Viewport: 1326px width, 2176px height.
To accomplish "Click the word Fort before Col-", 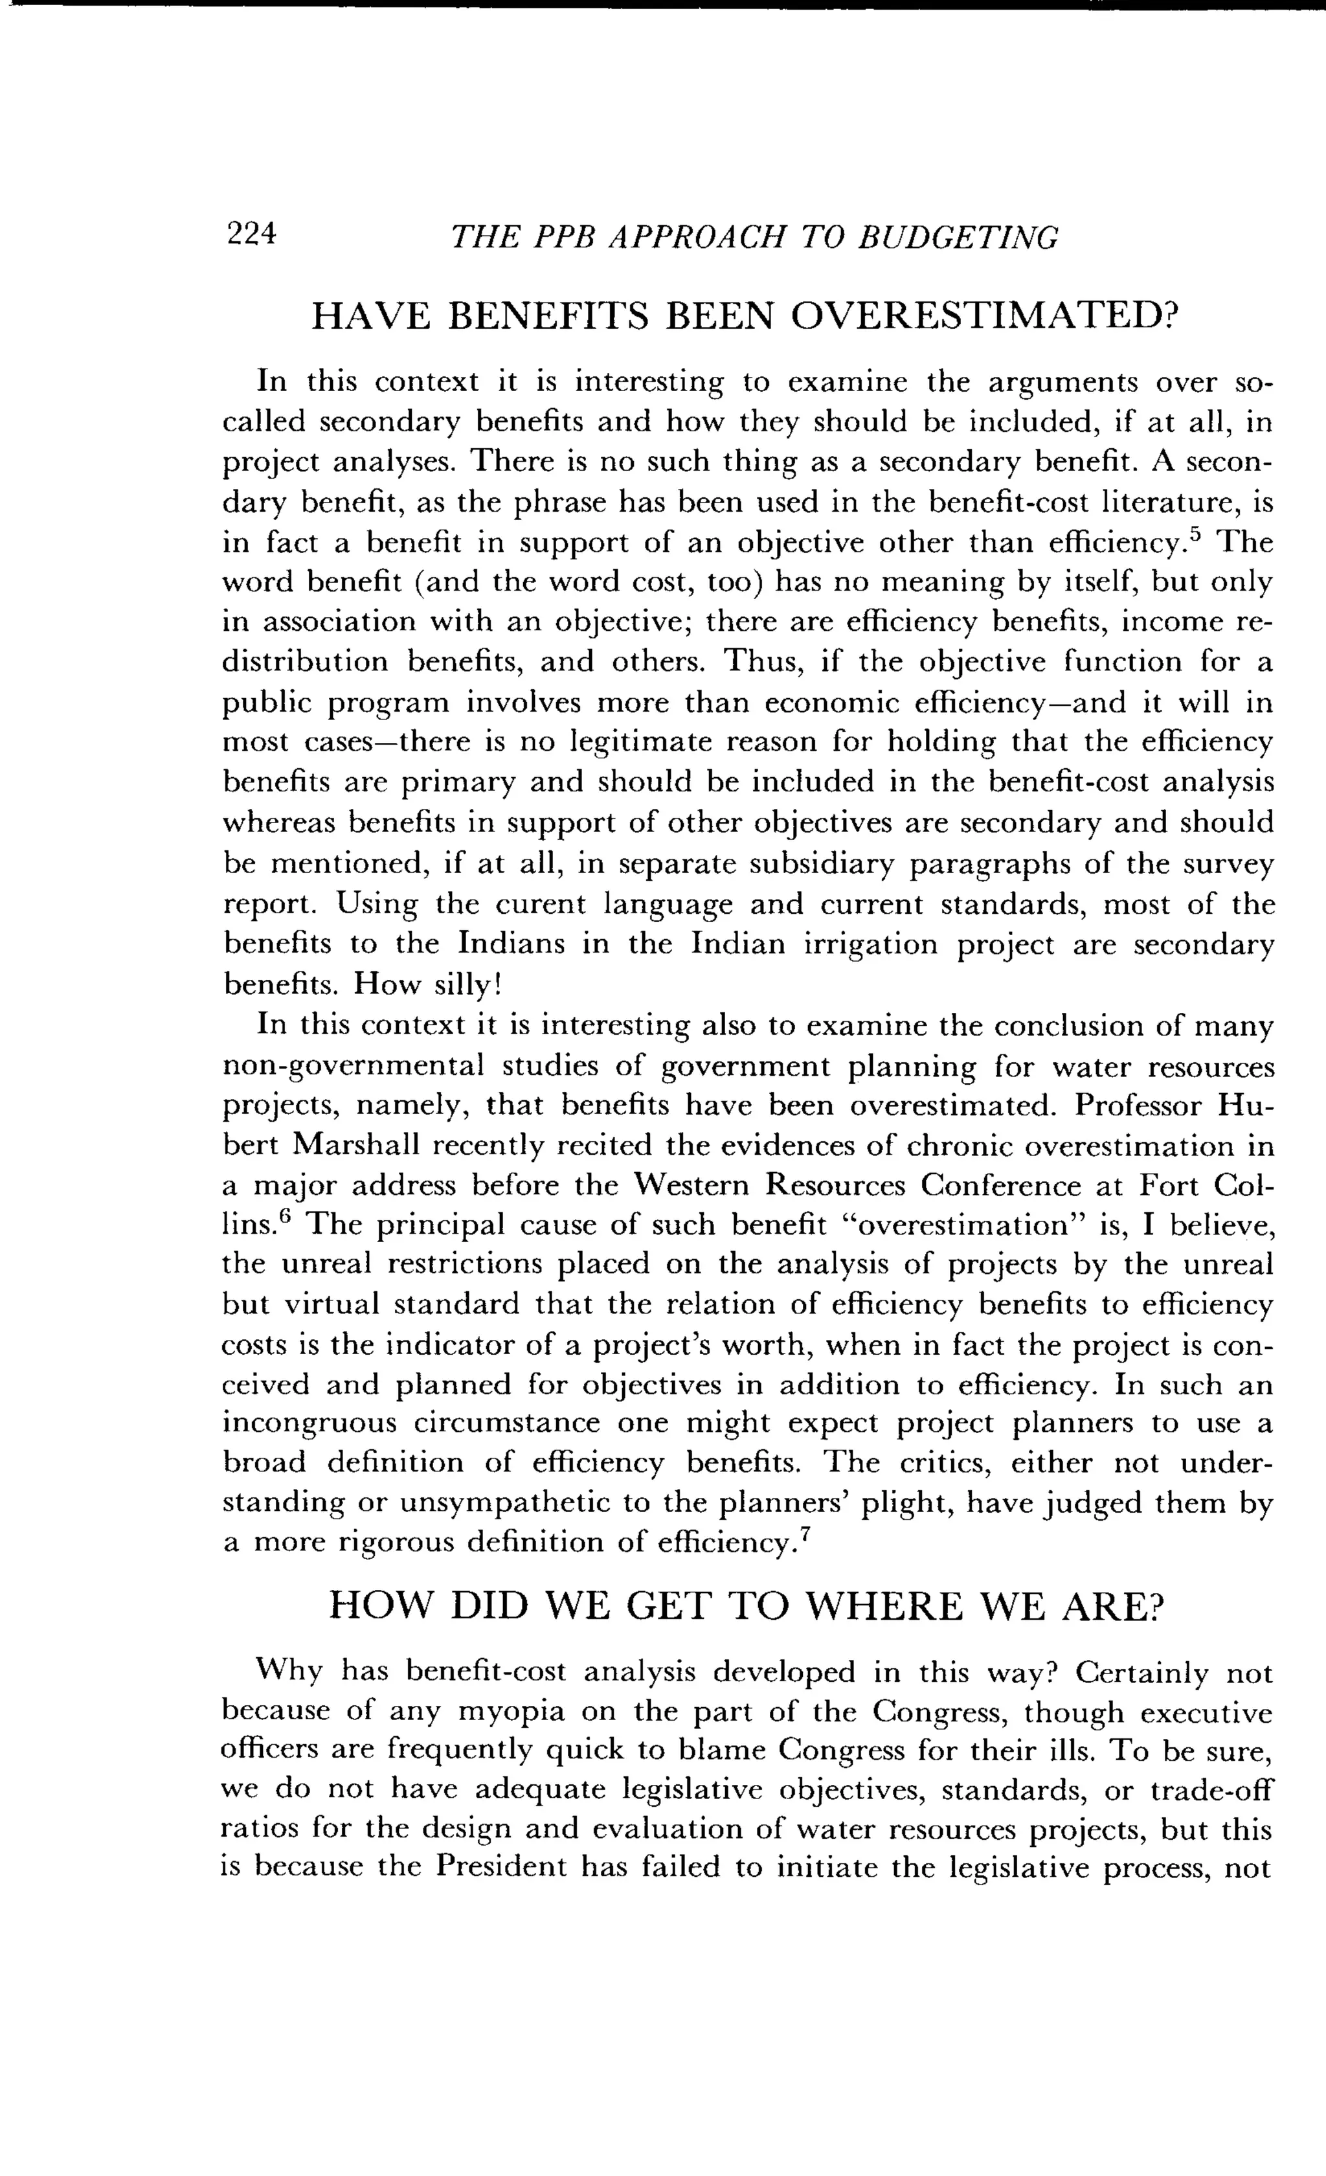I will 1169,1186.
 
